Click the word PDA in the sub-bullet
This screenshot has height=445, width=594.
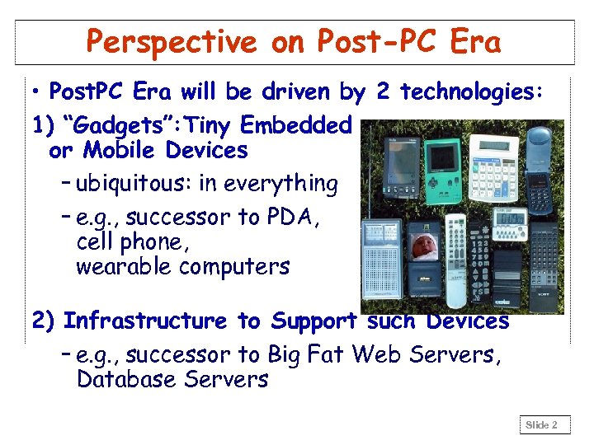click(x=297, y=218)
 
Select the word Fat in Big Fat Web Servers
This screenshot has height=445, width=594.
click(x=330, y=354)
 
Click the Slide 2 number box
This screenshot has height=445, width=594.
click(x=543, y=425)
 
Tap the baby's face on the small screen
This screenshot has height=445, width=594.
click(x=425, y=246)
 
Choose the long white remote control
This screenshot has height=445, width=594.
click(x=456, y=260)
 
